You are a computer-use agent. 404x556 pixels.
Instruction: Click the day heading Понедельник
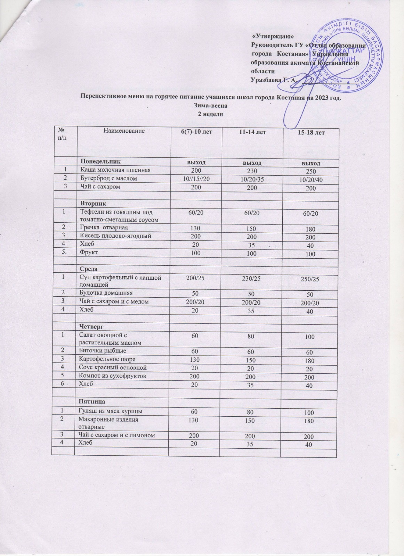101,162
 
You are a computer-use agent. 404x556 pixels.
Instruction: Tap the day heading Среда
89,269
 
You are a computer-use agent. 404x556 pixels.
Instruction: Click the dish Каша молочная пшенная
115,170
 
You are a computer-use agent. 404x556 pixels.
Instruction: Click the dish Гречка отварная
104,228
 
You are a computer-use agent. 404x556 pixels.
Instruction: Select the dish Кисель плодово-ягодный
115,236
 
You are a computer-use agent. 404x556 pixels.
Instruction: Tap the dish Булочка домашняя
106,293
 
